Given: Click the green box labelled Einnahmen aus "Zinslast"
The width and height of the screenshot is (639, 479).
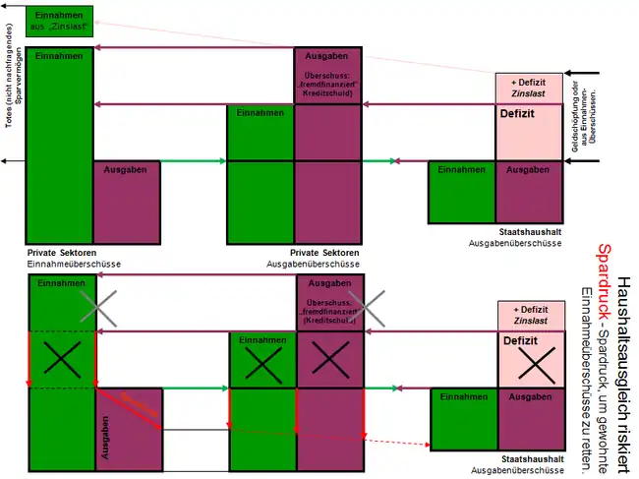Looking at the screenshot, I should (x=60, y=23).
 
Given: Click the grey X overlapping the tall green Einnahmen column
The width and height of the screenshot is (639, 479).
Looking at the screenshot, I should (x=98, y=308).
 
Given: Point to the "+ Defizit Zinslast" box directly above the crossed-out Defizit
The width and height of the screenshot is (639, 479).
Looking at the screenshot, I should (x=531, y=314).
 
